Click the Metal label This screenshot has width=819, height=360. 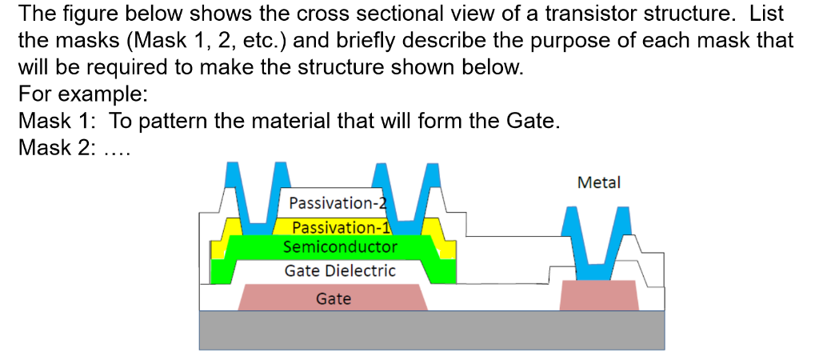point(598,183)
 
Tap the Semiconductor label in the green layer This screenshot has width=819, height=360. point(340,246)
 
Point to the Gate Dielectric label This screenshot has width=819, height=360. point(340,270)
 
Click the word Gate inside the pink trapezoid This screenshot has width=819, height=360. point(334,299)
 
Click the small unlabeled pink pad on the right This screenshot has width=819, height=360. point(599,295)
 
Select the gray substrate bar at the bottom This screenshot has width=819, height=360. point(431,330)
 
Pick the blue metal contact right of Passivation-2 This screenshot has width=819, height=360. point(407,192)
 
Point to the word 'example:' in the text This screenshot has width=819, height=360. point(112,94)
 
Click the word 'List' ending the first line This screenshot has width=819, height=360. point(766,14)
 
